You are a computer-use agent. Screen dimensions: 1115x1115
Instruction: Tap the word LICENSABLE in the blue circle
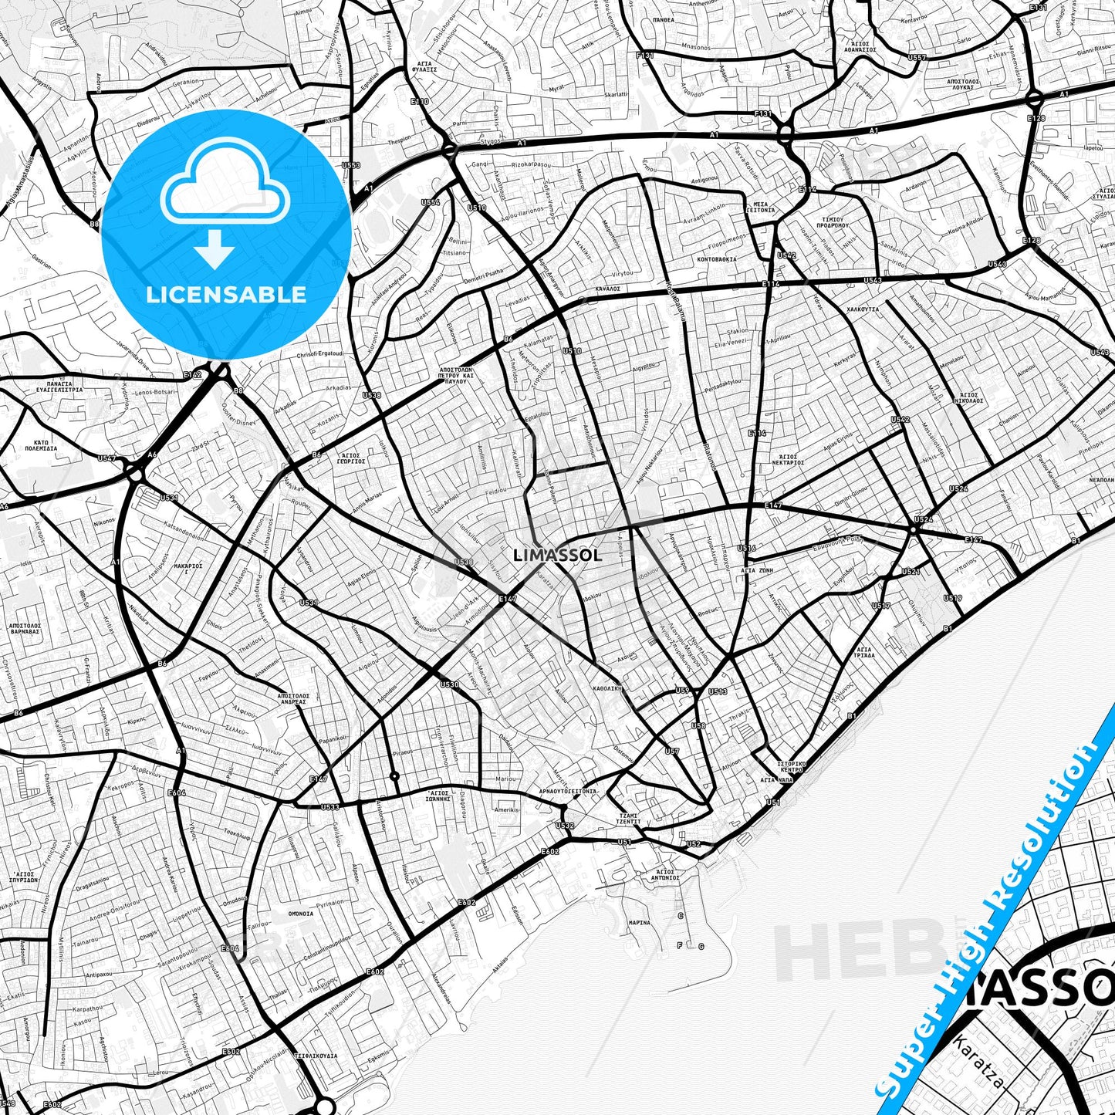coord(225,295)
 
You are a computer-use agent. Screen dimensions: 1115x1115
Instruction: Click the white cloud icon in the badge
coord(225,188)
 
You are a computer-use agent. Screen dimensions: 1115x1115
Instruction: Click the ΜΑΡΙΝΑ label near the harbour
coord(639,923)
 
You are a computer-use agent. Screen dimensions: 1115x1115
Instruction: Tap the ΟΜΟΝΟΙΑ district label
coord(301,914)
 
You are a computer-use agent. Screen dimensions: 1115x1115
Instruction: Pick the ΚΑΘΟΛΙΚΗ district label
coord(607,688)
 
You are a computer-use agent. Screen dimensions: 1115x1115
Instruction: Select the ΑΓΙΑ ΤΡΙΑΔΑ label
coord(864,653)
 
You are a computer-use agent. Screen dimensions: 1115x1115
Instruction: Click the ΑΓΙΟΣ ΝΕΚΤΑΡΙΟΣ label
coord(788,460)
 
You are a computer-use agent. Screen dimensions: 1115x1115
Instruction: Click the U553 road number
coord(350,165)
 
